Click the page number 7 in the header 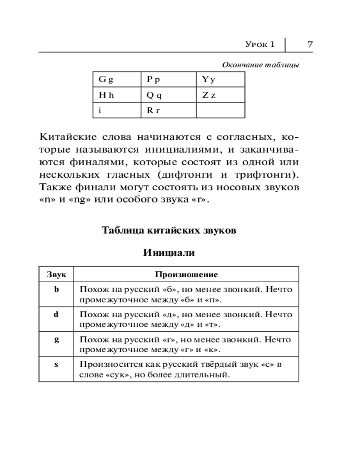[x=310, y=44]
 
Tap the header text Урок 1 [x=260, y=44]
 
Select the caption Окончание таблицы [x=261, y=65]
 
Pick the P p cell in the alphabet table [x=153, y=80]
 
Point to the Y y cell [x=208, y=80]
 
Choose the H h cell [x=106, y=95]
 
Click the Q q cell [x=154, y=95]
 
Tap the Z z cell [x=209, y=95]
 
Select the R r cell [x=153, y=110]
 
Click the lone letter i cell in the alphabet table [x=99, y=110]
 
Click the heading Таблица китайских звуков [x=169, y=230]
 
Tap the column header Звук [x=56, y=274]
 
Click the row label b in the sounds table [x=56, y=289]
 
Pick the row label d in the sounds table [x=56, y=315]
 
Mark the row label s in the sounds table [x=56, y=364]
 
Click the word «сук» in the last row [x=110, y=374]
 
